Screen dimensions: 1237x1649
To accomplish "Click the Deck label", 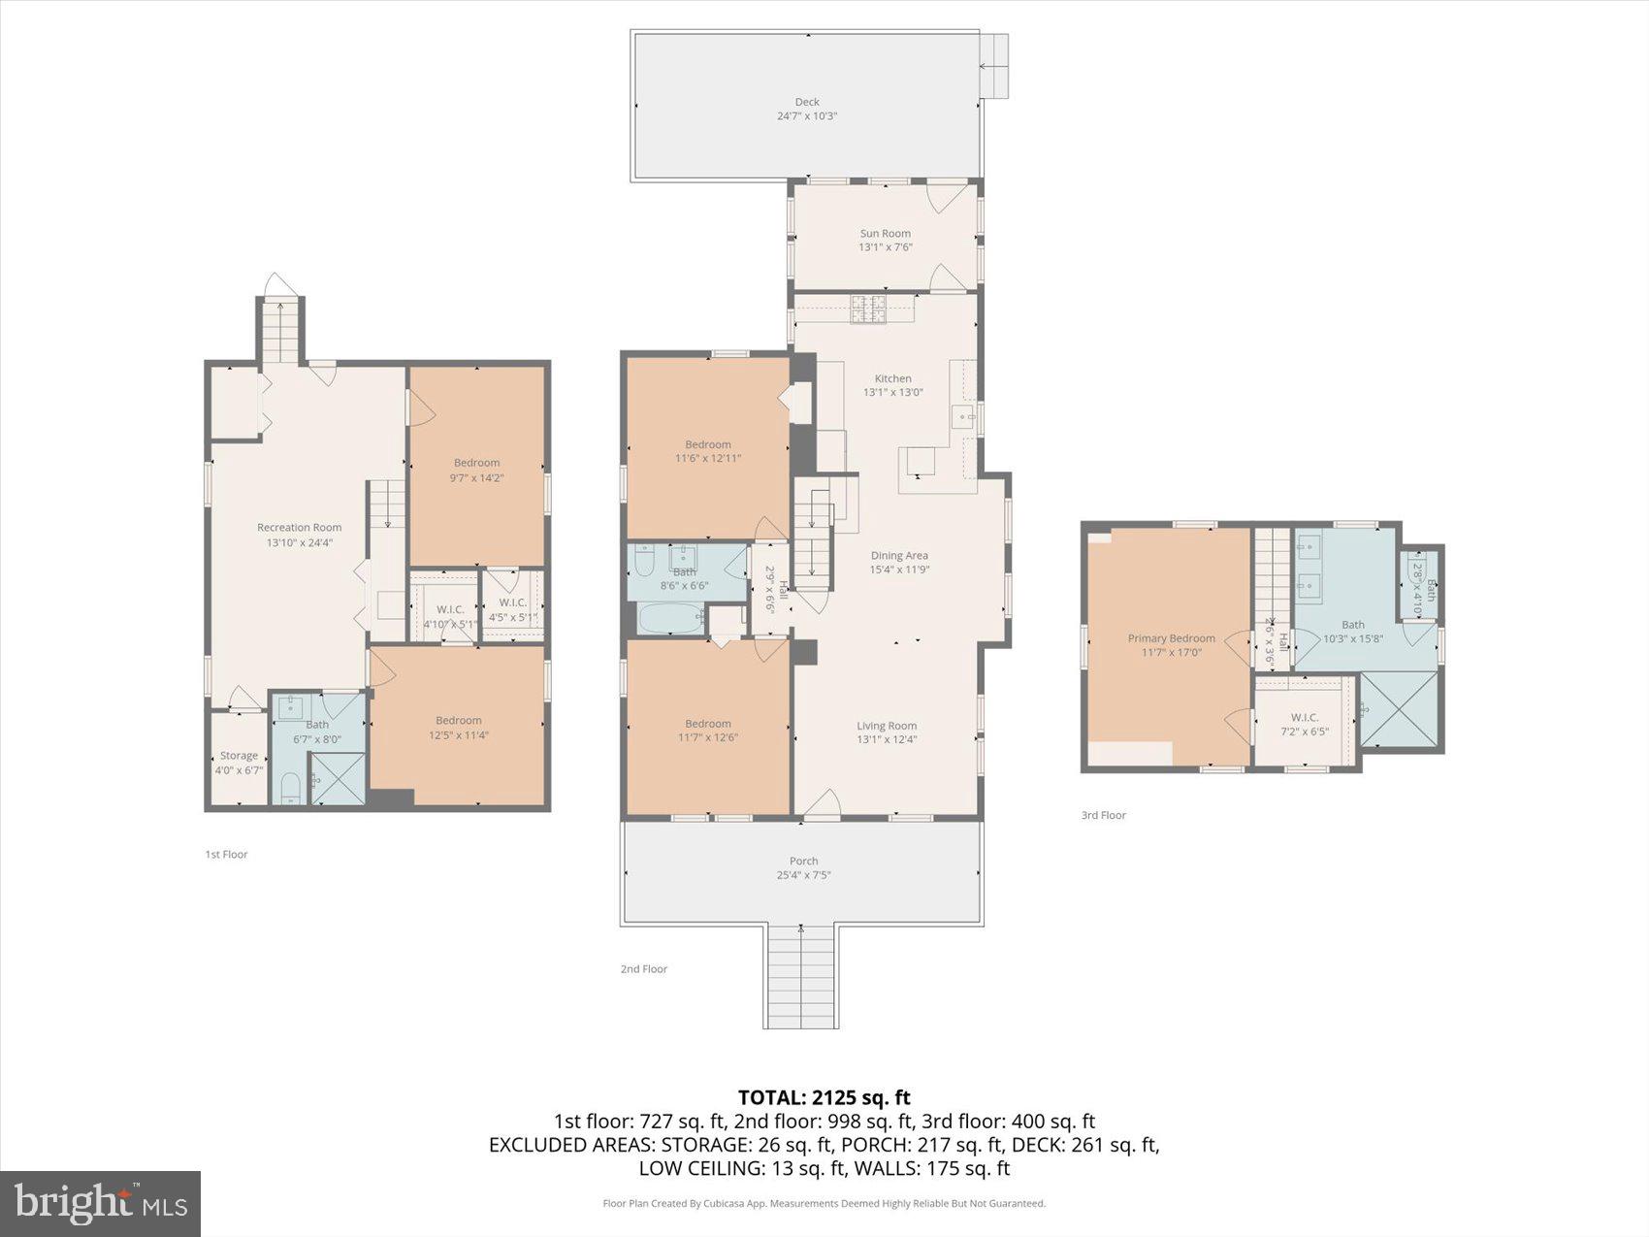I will [807, 102].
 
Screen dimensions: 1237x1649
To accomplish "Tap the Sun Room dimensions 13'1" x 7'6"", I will [885, 247].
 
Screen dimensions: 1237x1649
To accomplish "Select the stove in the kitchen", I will [868, 309].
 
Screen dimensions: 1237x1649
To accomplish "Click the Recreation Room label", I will [299, 528].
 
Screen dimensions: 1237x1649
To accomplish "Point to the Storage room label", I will [239, 756].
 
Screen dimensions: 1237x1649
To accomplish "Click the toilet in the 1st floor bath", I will [290, 787].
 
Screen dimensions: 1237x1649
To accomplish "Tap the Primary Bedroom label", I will [1171, 638].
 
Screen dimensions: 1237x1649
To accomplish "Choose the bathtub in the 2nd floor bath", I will [670, 618].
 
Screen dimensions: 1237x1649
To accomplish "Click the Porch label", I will [803, 861].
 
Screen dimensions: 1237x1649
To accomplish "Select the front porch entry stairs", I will [801, 975].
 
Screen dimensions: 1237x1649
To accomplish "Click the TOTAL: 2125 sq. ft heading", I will [824, 1097].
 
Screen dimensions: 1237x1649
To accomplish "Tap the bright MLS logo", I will [101, 1204].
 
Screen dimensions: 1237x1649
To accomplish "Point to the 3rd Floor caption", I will [1103, 815].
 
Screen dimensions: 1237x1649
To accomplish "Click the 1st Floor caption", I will [226, 854].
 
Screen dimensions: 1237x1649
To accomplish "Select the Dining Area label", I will [898, 556].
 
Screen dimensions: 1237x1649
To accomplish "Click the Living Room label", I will [886, 726].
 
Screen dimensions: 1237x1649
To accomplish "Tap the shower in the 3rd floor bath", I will [1398, 709].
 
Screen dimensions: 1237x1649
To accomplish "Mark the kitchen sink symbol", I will [963, 418].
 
